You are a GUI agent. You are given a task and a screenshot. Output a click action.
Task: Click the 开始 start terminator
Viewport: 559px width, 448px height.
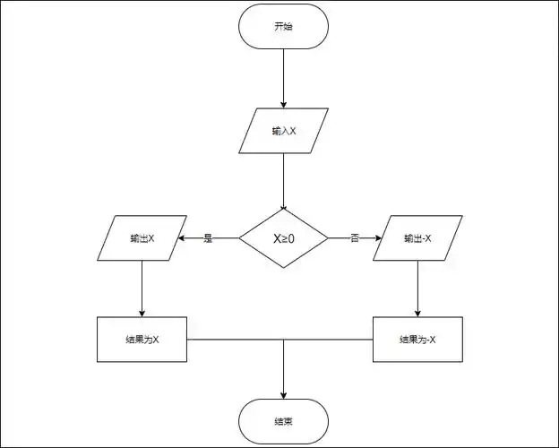coord(283,28)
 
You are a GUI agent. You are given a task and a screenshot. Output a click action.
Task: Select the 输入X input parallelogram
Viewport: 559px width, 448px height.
coord(283,130)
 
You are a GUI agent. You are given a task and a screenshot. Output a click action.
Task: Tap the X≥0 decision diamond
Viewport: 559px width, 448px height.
coord(283,238)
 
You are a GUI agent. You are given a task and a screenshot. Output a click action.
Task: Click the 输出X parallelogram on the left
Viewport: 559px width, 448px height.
coord(142,238)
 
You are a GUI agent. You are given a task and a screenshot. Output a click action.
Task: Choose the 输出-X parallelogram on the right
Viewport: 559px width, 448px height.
coord(417,238)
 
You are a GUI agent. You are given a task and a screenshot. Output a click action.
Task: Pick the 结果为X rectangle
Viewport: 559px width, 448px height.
coord(142,340)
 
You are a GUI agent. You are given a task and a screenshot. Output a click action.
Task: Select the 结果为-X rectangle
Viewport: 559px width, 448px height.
coord(417,340)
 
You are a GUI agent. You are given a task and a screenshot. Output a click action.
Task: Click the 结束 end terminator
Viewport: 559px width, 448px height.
coord(283,420)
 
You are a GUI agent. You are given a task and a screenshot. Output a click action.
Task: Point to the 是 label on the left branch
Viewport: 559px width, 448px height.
coord(209,238)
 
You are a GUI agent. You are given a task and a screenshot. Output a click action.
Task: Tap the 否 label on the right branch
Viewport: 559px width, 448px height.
coord(355,238)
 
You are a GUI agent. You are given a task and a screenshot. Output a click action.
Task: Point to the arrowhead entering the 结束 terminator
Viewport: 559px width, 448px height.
coord(283,394)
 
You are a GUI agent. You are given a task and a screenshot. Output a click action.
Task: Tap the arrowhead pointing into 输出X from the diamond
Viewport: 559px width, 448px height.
coord(183,238)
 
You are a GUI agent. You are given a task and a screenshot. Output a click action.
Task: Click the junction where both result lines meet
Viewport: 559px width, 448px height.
coord(283,340)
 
